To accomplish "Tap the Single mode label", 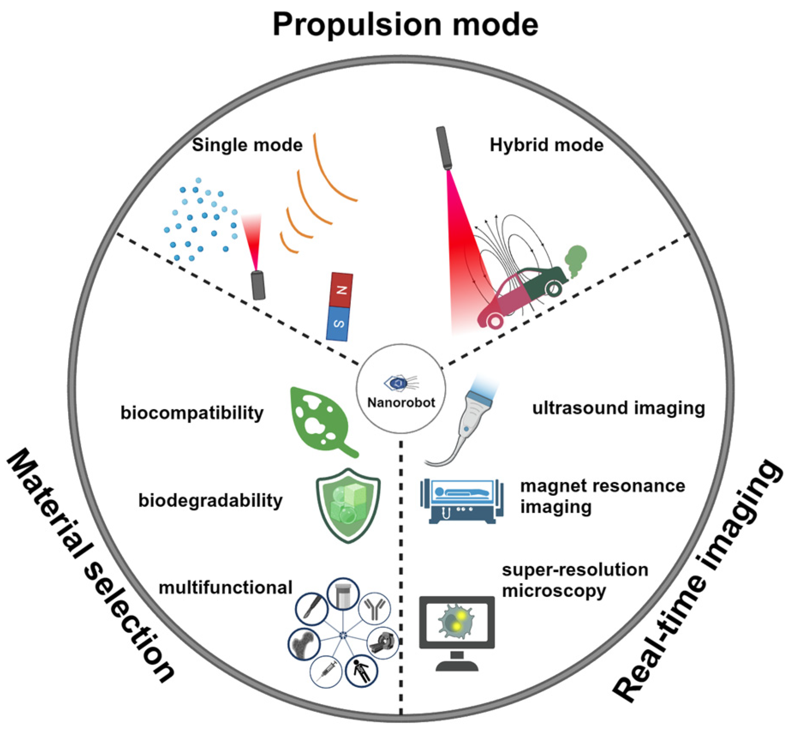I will coord(247,145).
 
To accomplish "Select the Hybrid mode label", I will coord(546,145).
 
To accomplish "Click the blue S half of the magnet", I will coord(338,324).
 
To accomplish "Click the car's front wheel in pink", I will coord(495,320).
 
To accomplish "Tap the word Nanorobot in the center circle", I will coord(401,403).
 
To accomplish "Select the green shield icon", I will coord(348,506).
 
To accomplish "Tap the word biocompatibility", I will coord(192,413).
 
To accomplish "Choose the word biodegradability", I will coord(210,501).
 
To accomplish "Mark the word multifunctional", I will coord(225,588).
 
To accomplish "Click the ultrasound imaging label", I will coord(618,408).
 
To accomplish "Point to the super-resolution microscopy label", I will coord(574,580).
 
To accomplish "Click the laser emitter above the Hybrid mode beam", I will coord(444,148).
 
